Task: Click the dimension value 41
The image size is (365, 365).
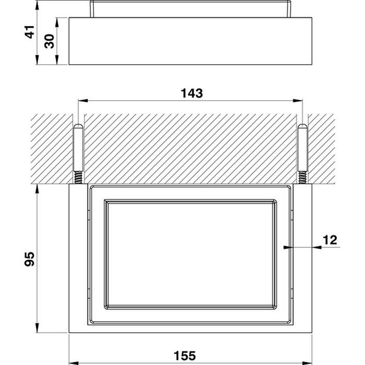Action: click(30, 32)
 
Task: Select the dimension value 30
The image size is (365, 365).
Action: click(49, 41)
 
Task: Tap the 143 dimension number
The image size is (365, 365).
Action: click(192, 93)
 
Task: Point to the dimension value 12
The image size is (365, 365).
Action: click(330, 240)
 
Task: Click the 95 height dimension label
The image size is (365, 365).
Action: click(30, 259)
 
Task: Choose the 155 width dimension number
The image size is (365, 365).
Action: click(185, 356)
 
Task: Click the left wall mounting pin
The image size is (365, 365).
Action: click(78, 148)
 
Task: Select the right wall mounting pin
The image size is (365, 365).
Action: click(302, 148)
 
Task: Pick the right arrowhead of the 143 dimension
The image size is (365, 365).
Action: click(298, 101)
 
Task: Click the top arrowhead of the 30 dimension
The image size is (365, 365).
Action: click(57, 22)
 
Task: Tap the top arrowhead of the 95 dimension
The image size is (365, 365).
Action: click(37, 189)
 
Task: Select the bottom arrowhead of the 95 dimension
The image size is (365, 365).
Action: click(37, 328)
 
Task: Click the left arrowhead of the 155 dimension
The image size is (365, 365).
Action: click(74, 363)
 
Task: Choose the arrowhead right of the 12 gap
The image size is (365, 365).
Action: click(317, 247)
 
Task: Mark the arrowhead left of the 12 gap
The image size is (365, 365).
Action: click(288, 247)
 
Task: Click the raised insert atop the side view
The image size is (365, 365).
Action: click(191, 9)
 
